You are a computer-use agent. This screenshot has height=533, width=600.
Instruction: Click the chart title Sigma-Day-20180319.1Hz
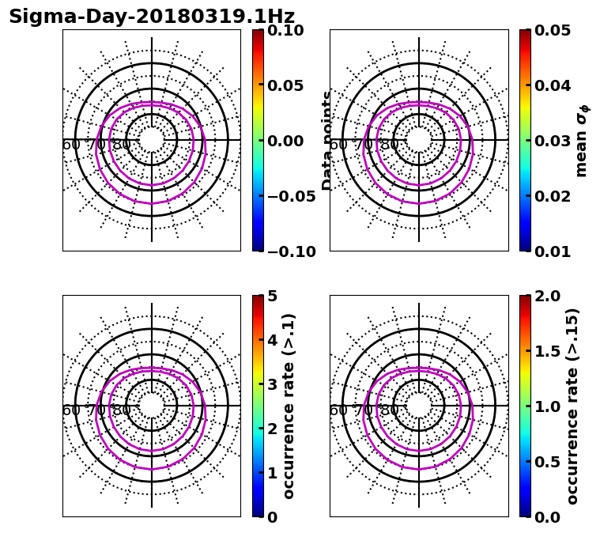152,17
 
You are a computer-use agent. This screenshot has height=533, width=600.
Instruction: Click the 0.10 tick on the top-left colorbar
289,30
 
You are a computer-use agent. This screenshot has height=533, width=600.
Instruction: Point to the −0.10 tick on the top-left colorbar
289,251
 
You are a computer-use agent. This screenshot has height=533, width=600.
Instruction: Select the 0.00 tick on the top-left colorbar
289,141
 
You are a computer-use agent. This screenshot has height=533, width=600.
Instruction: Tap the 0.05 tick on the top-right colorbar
557,30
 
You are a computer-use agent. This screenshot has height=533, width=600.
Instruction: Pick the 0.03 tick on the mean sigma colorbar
557,141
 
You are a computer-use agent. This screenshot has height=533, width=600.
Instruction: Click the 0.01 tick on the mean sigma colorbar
557,251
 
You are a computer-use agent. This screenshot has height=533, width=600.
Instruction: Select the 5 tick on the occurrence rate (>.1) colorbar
271,296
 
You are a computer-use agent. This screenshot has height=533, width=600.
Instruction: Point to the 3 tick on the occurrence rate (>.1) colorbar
271,384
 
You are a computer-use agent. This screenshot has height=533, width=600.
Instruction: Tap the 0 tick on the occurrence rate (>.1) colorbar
271,517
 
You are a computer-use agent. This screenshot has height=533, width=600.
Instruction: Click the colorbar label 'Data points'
327,141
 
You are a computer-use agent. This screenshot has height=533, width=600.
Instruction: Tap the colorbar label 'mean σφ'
582,141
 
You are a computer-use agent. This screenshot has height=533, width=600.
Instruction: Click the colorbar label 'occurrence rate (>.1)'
289,406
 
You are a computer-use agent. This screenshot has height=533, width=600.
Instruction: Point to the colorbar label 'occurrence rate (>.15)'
573,406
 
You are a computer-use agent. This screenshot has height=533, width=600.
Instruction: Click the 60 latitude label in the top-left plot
71,145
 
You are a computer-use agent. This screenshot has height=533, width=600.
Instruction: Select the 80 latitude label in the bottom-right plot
389,410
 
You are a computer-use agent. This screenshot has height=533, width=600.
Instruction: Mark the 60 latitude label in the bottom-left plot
71,410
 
